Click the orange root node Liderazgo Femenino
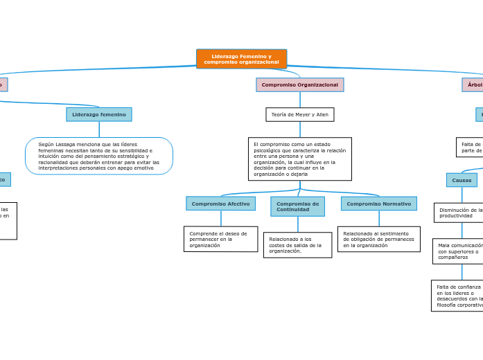241,59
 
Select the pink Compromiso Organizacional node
299,84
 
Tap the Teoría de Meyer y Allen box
299,114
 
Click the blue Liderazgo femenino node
99,114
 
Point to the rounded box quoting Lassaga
99,156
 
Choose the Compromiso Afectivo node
220,204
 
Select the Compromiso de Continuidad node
297,206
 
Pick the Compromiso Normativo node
378,204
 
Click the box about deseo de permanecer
220,239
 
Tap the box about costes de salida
297,245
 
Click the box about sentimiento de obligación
378,239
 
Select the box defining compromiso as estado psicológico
299,159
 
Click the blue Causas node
462,180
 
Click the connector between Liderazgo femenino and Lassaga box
99,129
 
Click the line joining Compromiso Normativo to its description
379,218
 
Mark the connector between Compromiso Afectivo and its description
221,218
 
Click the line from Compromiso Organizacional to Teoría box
300,100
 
